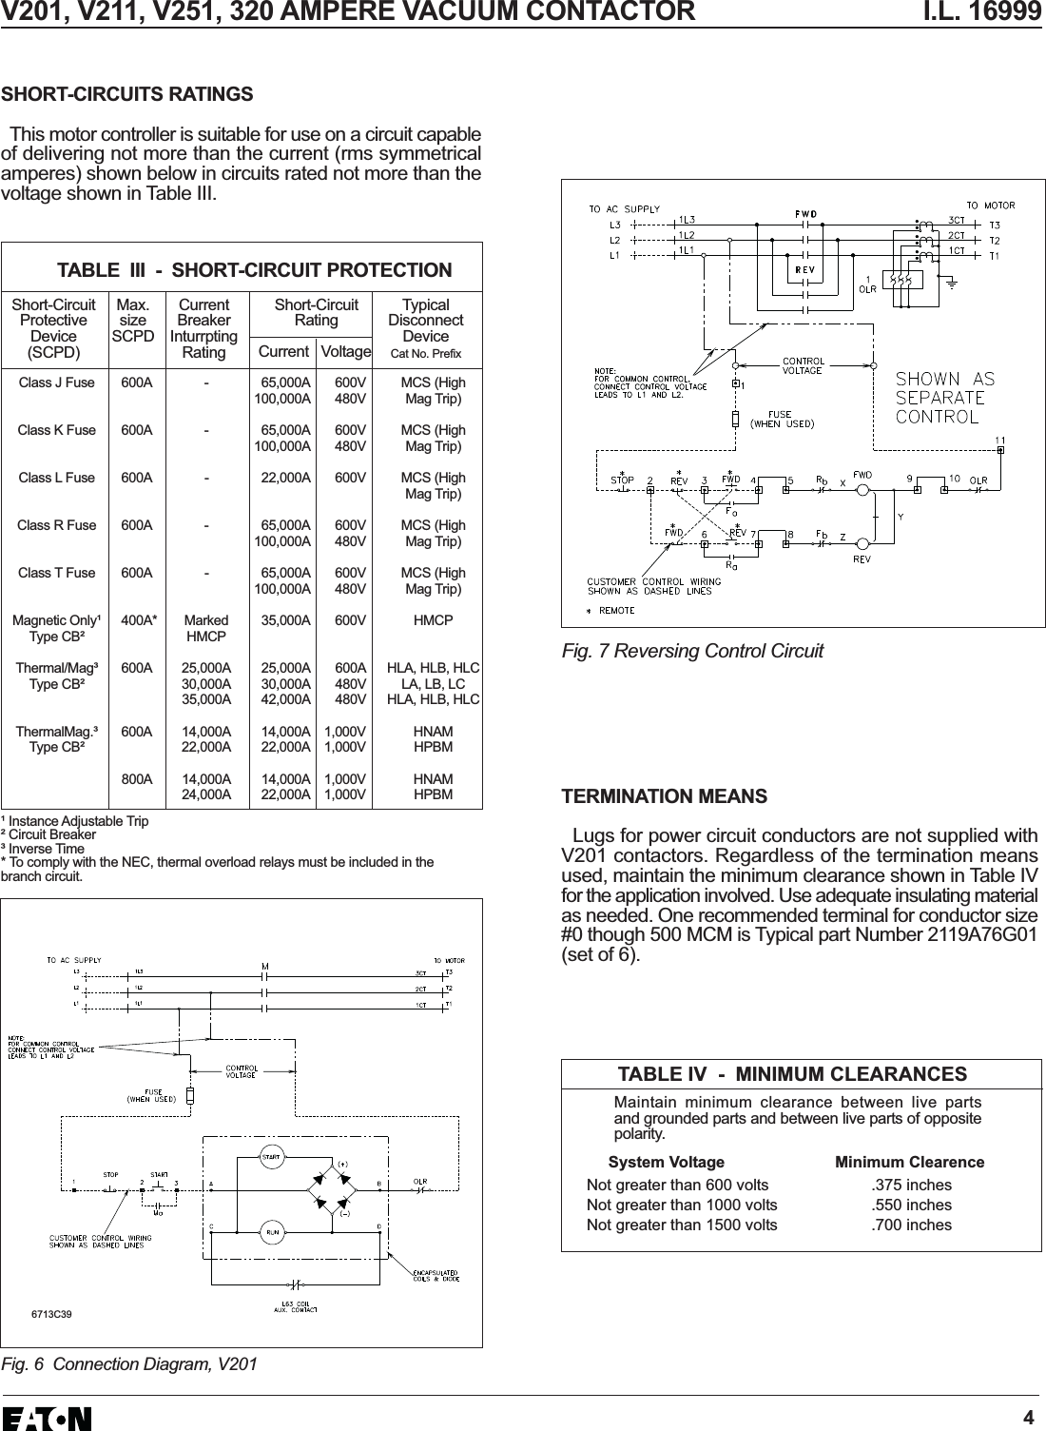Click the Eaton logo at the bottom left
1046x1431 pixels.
(48, 1418)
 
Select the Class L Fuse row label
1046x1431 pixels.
(57, 478)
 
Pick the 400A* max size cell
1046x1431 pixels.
(139, 620)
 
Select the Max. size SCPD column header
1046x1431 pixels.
(133, 321)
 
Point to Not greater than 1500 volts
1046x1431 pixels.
(681, 1225)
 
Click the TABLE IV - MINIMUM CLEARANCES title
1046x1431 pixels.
(792, 1074)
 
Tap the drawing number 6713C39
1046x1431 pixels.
(53, 1314)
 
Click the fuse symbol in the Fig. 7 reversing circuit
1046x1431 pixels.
(736, 419)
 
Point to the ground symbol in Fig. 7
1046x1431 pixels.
(952, 282)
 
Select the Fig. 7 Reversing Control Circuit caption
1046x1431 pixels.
(692, 652)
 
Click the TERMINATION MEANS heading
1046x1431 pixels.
(665, 795)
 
